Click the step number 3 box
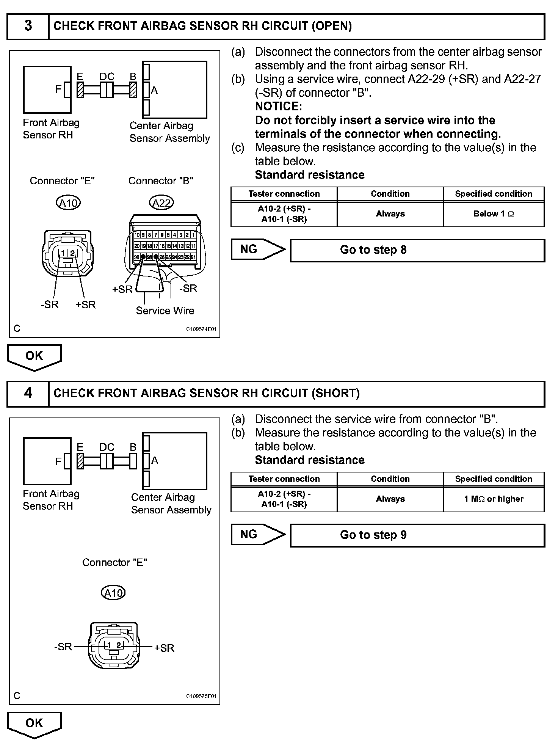tap(28, 26)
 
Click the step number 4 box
tap(28, 393)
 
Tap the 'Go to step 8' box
tap(417, 250)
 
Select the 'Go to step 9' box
tap(417, 535)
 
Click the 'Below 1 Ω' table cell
tap(493, 214)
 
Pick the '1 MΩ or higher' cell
tap(493, 499)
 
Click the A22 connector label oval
tap(161, 203)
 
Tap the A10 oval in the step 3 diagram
tap(68, 203)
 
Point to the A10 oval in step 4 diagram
tap(113, 593)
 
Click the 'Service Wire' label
tap(165, 311)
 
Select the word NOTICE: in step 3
tap(278, 107)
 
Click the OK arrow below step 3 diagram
tap(34, 357)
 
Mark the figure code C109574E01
tap(201, 329)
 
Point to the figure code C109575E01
tap(201, 696)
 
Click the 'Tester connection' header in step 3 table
tap(284, 194)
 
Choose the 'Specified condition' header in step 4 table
tap(493, 479)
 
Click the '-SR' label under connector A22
tap(188, 289)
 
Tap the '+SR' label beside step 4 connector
tap(164, 648)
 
